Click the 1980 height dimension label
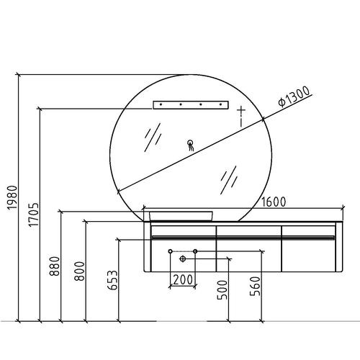click(x=12, y=197)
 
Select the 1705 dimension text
click(x=33, y=215)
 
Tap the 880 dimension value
click(x=55, y=266)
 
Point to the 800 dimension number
click(x=79, y=271)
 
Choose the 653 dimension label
click(x=112, y=280)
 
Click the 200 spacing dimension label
click(x=183, y=279)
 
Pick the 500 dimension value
click(x=222, y=290)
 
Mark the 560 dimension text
click(x=255, y=286)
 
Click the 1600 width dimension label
click(x=274, y=202)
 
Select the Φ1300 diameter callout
click(x=294, y=96)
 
